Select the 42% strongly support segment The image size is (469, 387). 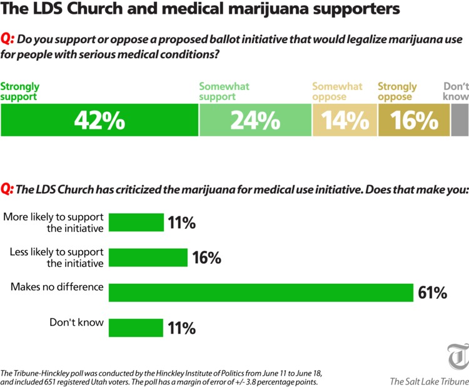coord(99,120)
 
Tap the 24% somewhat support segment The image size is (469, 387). coord(255,120)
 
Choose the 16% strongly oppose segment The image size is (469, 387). coord(413,120)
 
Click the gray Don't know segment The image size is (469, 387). coord(459,120)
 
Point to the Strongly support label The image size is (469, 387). coord(19,91)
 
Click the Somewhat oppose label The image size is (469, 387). coord(337,91)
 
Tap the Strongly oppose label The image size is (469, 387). coord(397,91)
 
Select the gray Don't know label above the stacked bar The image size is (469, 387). coord(455,91)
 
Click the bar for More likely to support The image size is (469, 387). coord(136,223)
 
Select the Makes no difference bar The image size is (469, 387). coord(261,293)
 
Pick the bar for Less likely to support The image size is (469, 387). coord(149,258)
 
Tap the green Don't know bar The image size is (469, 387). coord(136,328)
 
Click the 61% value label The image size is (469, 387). coord(432,293)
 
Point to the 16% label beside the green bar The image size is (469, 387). coord(206,258)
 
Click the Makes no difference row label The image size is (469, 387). coord(57,288)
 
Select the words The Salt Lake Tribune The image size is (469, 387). coord(429,381)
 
